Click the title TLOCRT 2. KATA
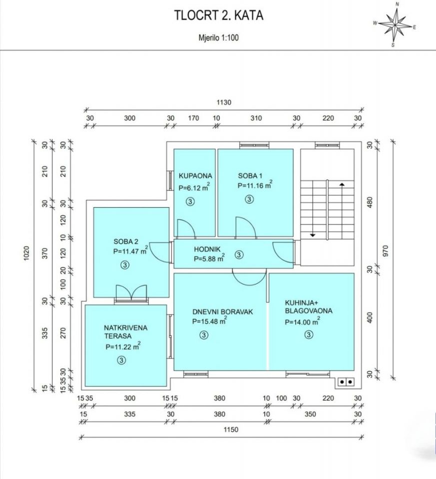click(x=219, y=15)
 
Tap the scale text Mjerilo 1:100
click(x=219, y=38)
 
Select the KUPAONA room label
click(x=195, y=176)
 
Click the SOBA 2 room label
click(x=126, y=241)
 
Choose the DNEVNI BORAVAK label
click(x=223, y=312)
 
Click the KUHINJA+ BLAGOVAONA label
click(x=309, y=307)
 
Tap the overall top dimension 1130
click(x=224, y=103)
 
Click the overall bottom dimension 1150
click(x=231, y=430)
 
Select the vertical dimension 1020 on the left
click(x=26, y=253)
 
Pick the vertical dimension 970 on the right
click(x=385, y=251)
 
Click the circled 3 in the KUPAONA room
click(x=190, y=202)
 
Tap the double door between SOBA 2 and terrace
click(x=131, y=293)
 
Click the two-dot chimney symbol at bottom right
click(x=346, y=382)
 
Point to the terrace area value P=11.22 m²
click(x=123, y=346)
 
